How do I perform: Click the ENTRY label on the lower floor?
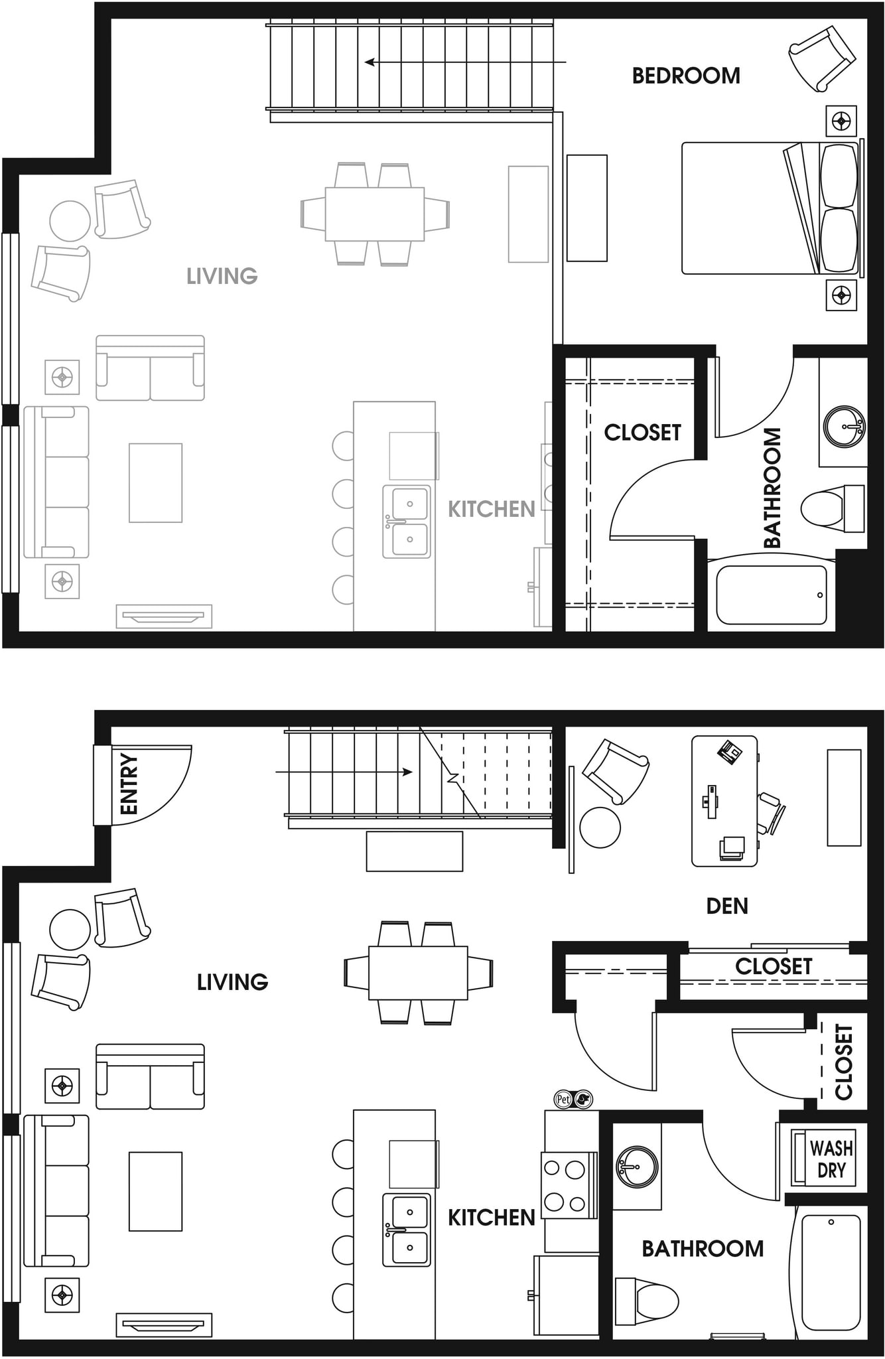pos(129,784)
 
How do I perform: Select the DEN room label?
pos(727,906)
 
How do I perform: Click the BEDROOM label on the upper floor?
pos(686,76)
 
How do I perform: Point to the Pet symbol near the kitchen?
pos(563,1100)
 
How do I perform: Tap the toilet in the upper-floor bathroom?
pos(829,508)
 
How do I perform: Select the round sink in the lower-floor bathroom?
pos(637,1166)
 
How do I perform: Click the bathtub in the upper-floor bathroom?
pos(772,595)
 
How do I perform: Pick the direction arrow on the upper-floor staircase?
pos(464,62)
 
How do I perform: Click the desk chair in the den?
pos(771,813)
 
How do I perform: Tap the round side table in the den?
pos(600,827)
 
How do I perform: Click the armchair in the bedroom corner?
pos(821,58)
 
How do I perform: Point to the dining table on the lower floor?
pos(418,973)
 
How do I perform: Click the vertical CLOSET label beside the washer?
pos(843,1062)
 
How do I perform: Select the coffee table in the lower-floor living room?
pos(155,1191)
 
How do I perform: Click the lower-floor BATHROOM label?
pos(703,1249)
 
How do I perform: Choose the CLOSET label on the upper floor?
pos(642,433)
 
